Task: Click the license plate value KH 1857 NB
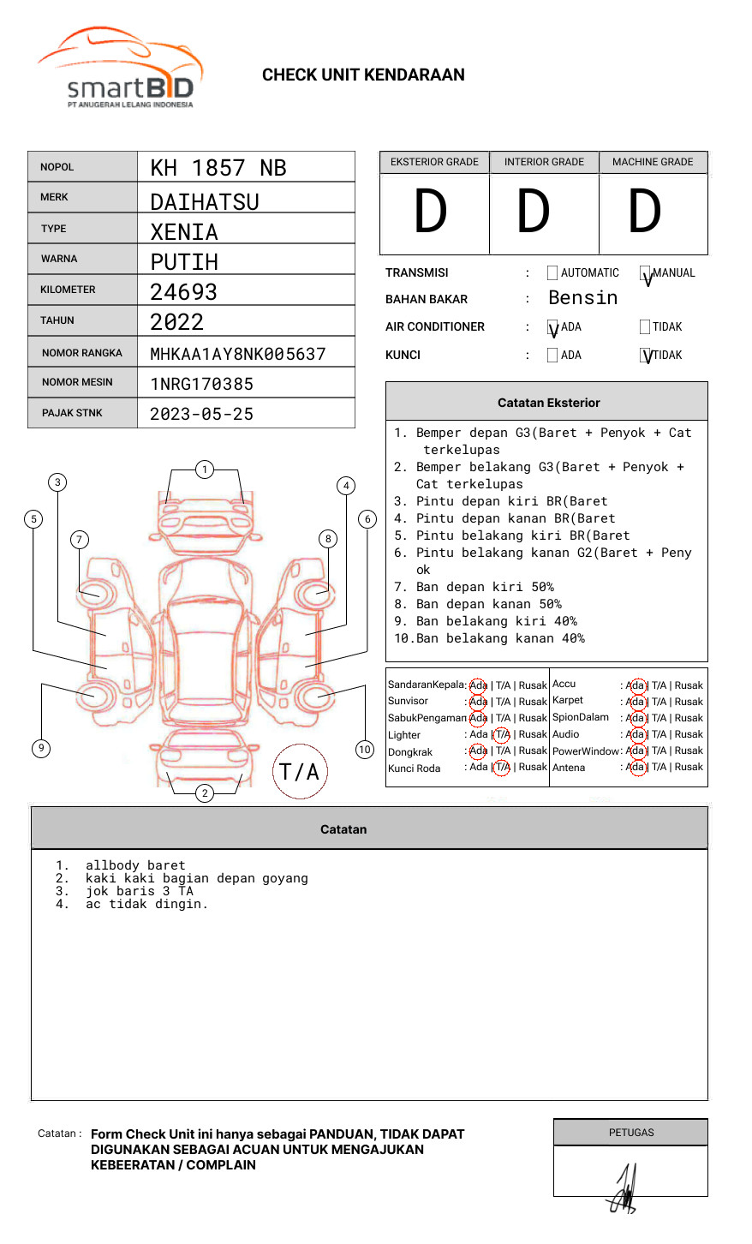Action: [218, 168]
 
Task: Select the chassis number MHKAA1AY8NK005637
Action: [238, 354]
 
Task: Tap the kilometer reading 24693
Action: [183, 292]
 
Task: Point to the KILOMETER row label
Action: [68, 290]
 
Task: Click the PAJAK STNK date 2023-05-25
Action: [201, 414]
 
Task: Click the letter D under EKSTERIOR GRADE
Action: [431, 212]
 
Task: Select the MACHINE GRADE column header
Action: [653, 162]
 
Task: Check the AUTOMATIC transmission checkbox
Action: [552, 273]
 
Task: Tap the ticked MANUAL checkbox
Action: [645, 273]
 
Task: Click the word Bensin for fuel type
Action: [582, 298]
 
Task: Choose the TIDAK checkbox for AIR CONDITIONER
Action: [645, 326]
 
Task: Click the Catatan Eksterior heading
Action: [548, 403]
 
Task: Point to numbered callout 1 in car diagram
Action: [204, 469]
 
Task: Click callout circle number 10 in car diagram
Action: [365, 749]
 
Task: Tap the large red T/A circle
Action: [300, 771]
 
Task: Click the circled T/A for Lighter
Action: [502, 734]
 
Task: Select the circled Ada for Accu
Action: [636, 685]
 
